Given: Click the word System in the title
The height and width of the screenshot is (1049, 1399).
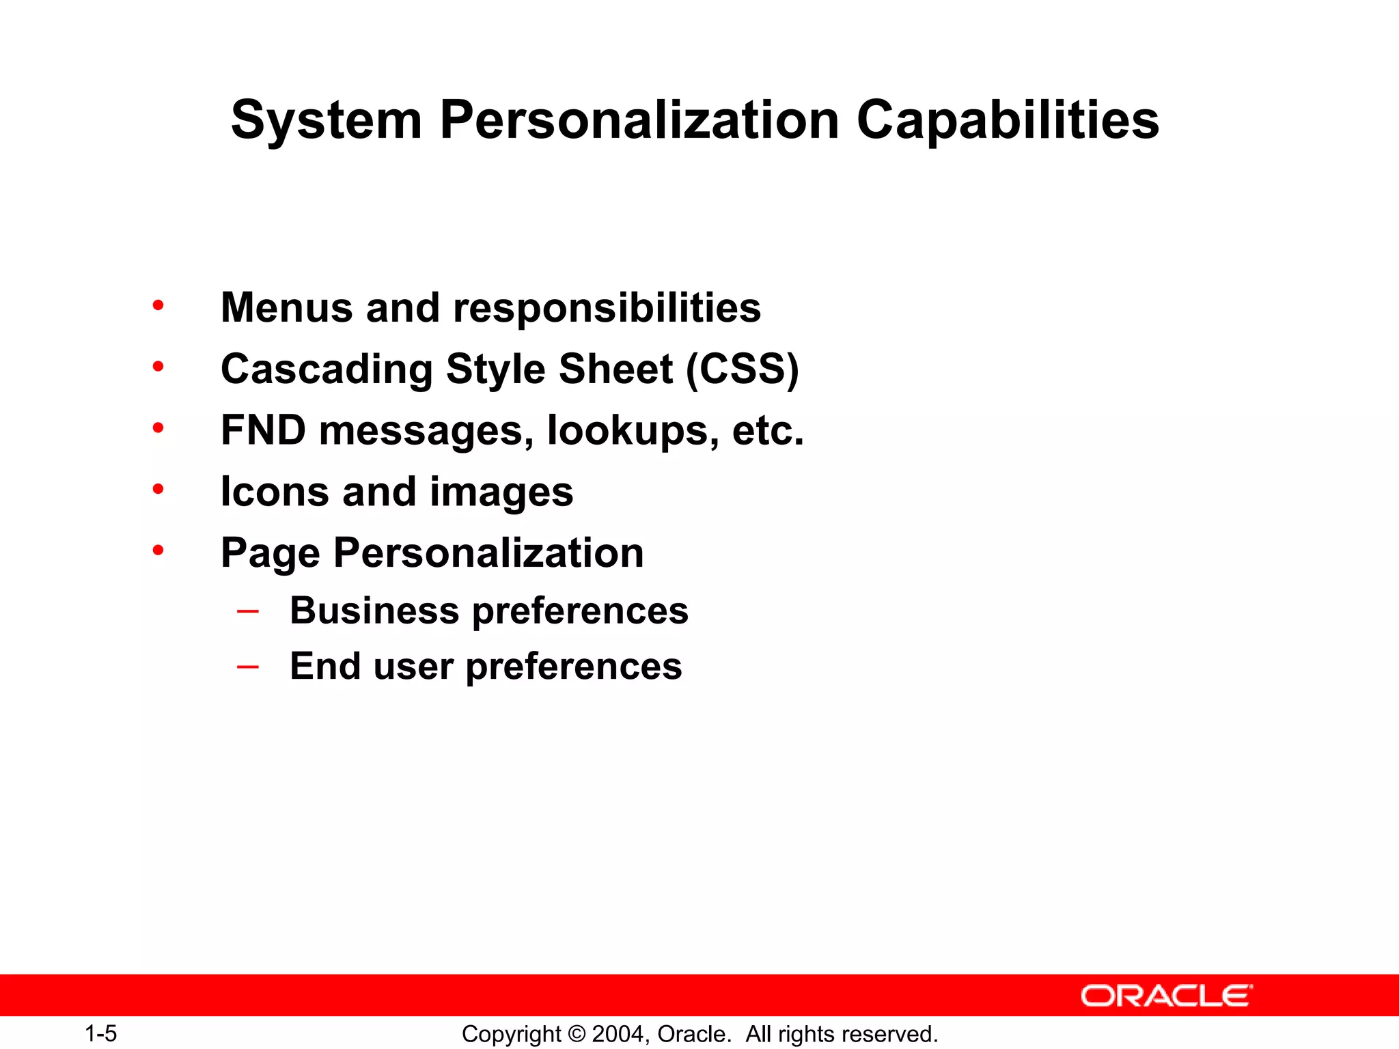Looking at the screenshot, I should pos(327,121).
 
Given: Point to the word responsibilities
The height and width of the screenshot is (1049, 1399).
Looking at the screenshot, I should pos(607,309).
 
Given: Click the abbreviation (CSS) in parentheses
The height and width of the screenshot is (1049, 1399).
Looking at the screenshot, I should pos(742,369).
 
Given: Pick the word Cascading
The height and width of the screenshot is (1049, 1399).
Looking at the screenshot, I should pos(327,369).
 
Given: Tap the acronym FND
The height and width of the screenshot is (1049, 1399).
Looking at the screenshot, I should pos(263,430).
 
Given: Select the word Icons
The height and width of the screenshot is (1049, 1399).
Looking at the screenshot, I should pos(274,492).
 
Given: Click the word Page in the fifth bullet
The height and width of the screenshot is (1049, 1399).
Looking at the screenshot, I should pos(270,553).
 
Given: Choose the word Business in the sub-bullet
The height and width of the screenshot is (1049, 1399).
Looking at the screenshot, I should pos(374,611).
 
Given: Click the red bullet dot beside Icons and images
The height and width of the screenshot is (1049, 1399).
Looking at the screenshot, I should pos(158,489).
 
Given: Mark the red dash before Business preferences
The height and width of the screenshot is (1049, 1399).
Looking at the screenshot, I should pos(247,611).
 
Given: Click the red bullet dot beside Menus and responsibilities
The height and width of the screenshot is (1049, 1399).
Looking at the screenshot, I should pos(158,305).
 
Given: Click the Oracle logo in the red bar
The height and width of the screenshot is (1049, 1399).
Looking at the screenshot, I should pos(1167,996).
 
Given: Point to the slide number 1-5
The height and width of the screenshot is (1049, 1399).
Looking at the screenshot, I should pos(101,1034).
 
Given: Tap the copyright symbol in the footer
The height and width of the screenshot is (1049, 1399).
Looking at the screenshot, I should pos(577,1034).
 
